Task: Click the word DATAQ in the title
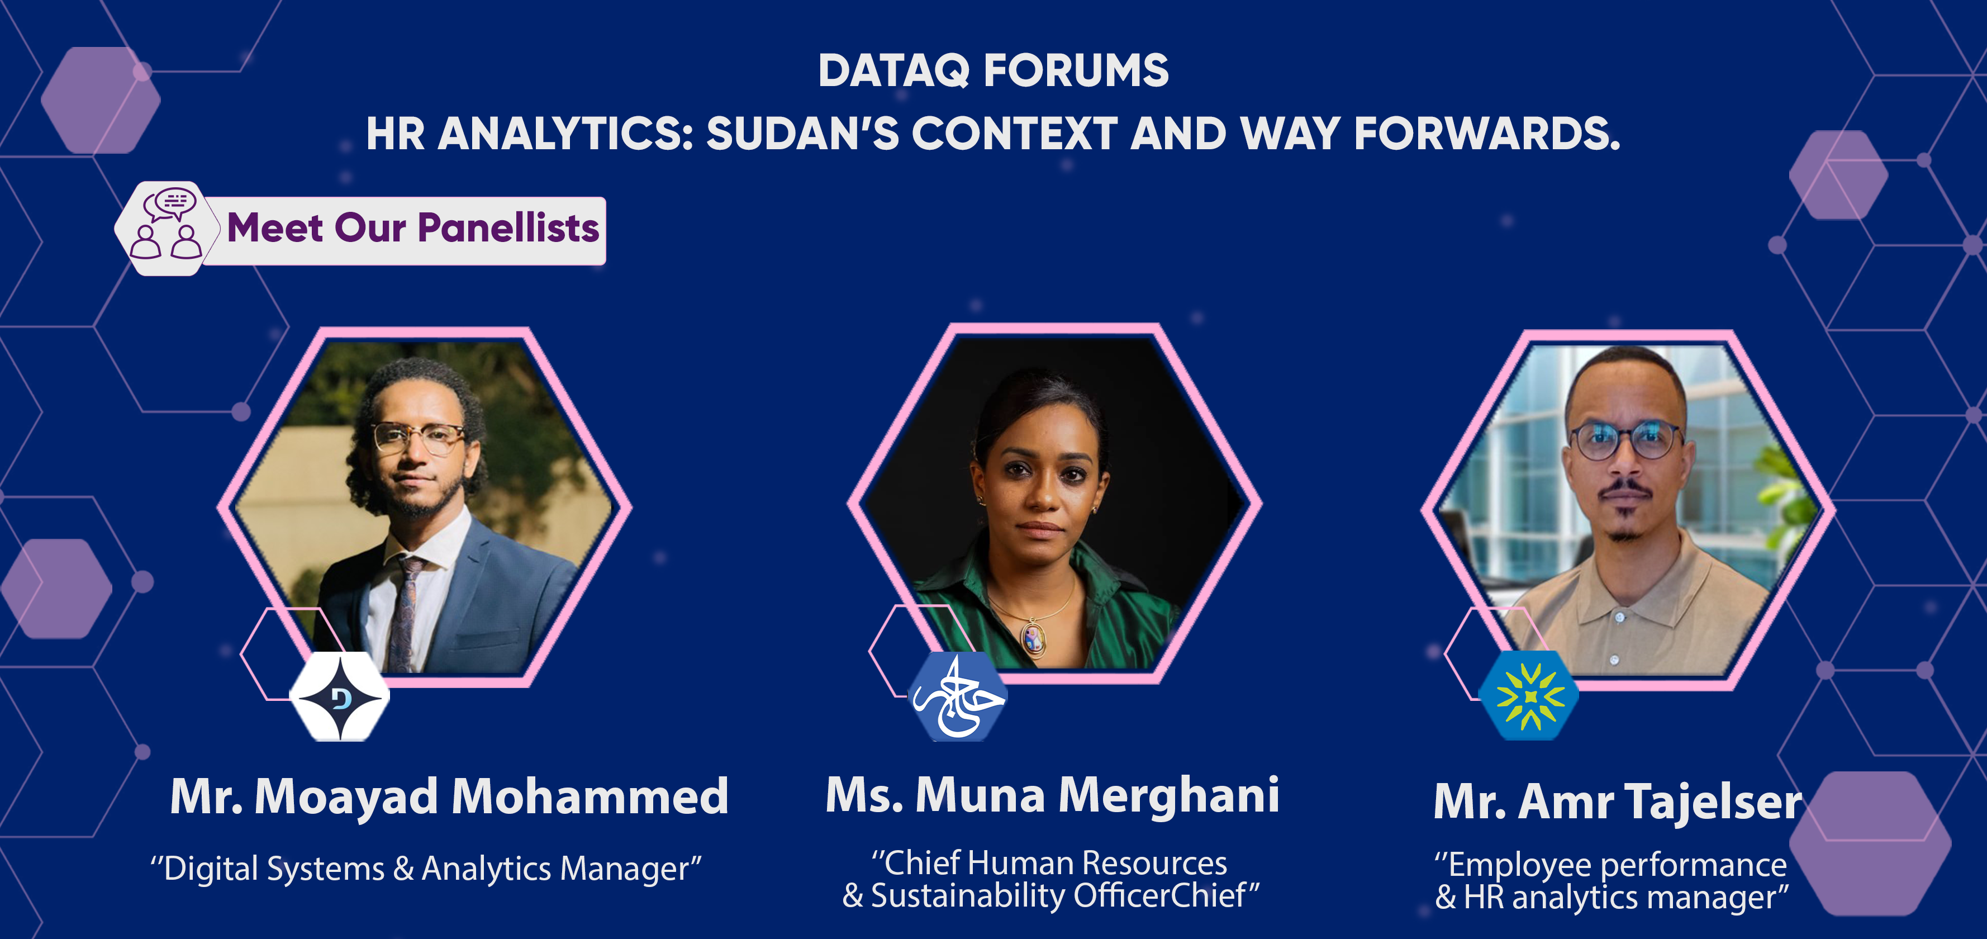(x=894, y=71)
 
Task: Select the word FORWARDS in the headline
(x=1486, y=134)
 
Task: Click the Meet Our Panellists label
(x=413, y=229)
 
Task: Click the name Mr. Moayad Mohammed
(x=449, y=797)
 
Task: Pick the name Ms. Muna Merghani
(x=1053, y=795)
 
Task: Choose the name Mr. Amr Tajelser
(x=1618, y=802)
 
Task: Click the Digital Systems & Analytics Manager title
(x=426, y=869)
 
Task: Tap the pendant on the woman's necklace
(x=1033, y=639)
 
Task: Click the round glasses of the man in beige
(x=1624, y=440)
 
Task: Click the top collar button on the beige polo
(x=1620, y=617)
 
